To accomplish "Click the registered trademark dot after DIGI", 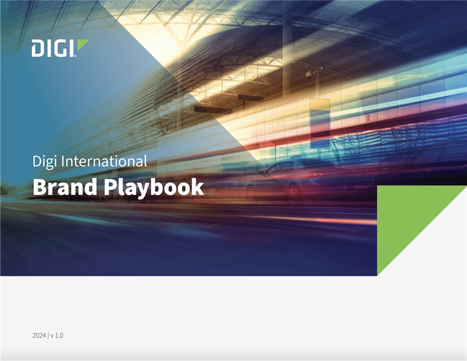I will point(75,55).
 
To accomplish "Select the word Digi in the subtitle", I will point(43,161).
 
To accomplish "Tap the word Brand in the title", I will point(62,188).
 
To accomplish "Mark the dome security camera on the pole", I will point(308,74).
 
